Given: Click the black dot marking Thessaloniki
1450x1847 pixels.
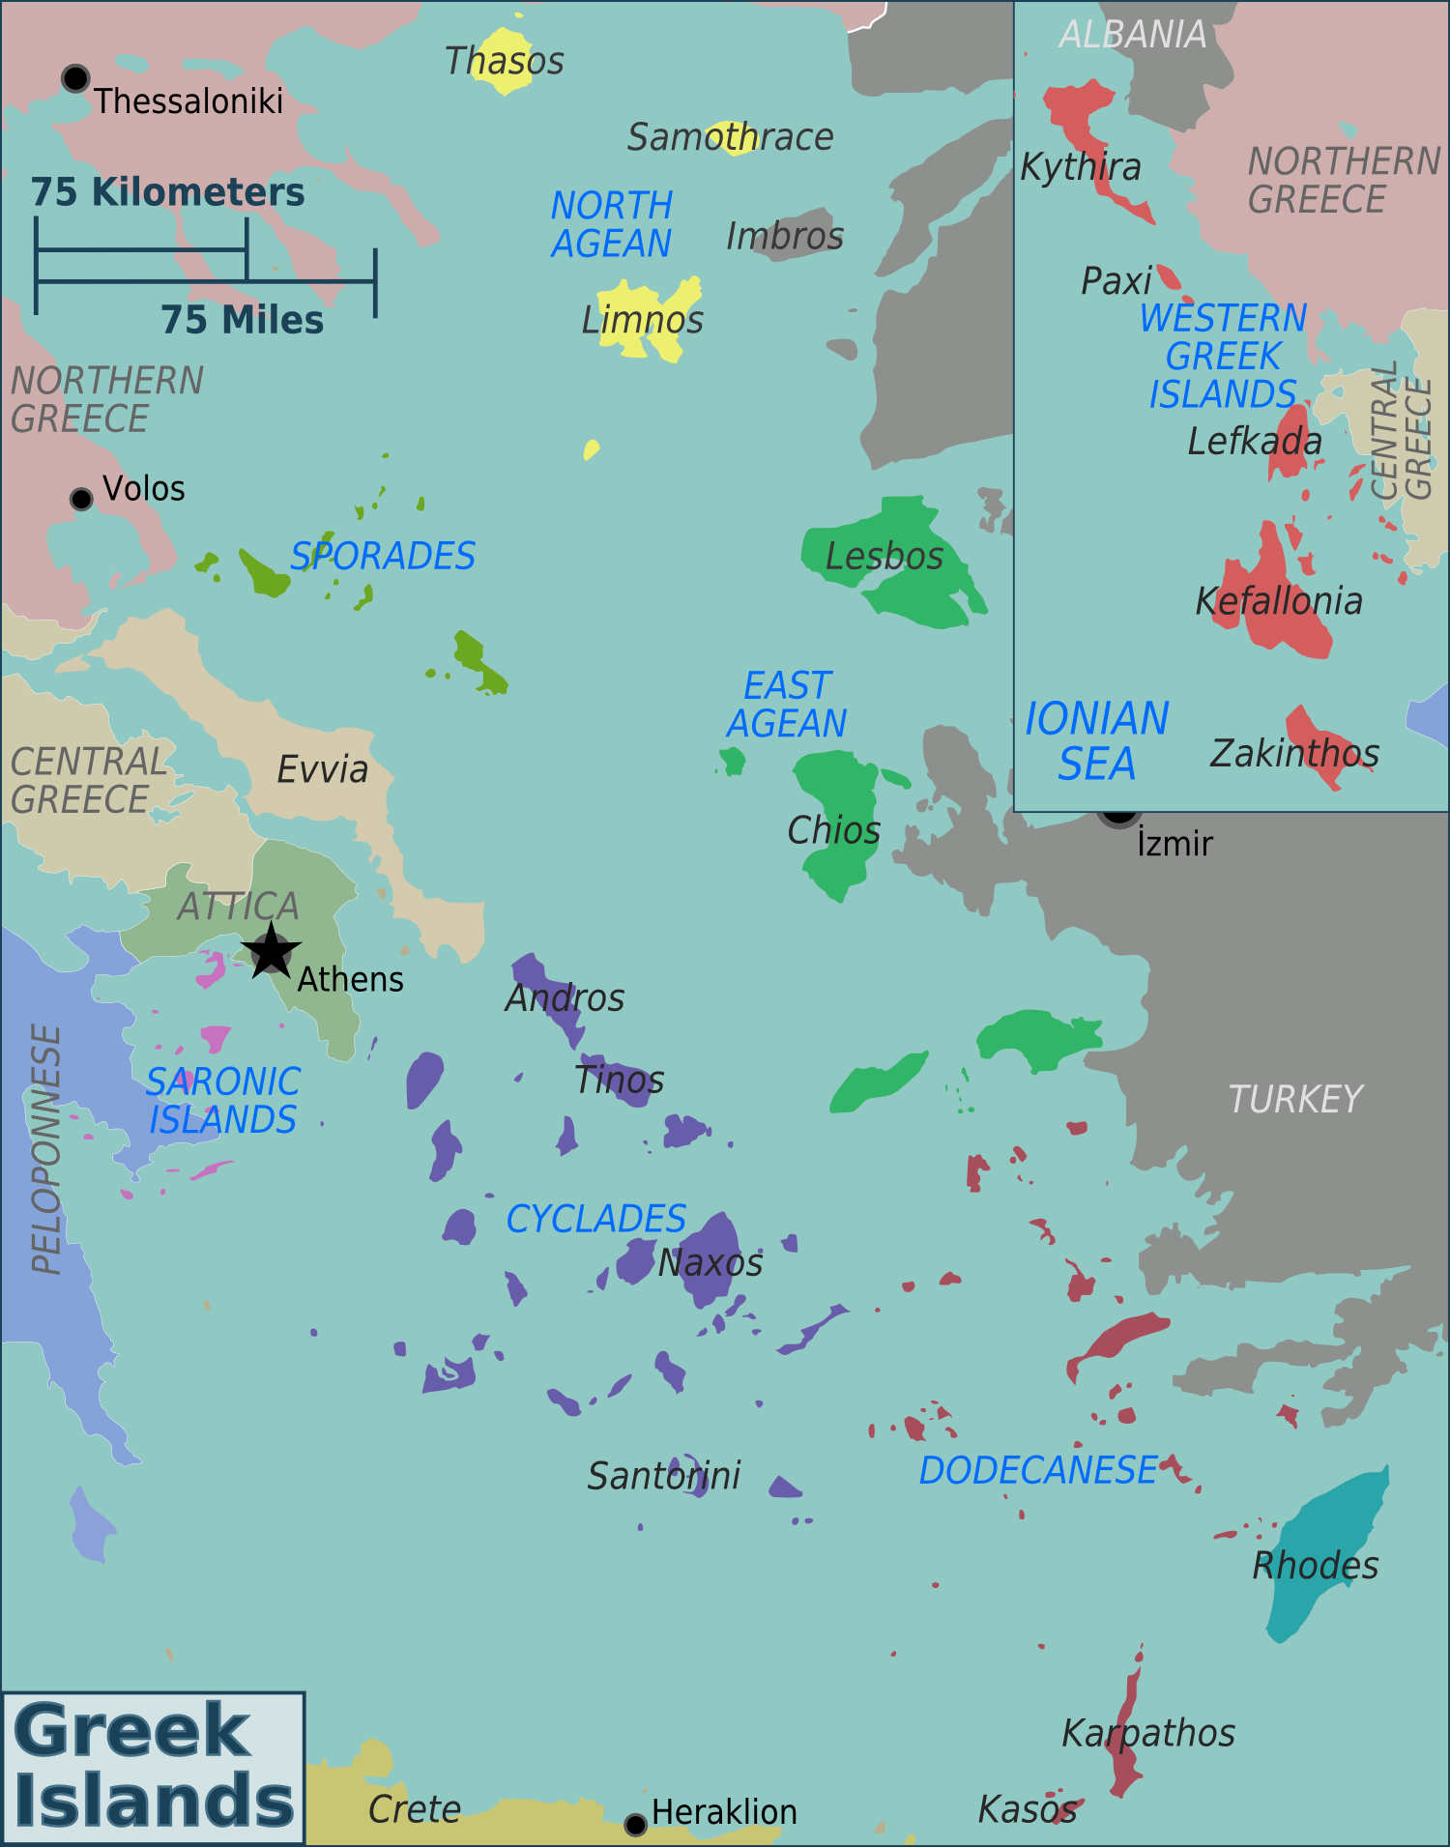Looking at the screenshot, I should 75,78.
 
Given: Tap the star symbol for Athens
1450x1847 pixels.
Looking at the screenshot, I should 271,951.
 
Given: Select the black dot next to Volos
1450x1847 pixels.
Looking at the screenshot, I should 82,499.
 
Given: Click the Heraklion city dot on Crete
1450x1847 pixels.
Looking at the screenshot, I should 635,1825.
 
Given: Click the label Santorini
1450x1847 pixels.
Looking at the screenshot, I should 663,1476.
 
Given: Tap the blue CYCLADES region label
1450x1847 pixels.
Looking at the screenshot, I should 595,1219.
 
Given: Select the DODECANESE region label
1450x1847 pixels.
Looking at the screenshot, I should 1037,1470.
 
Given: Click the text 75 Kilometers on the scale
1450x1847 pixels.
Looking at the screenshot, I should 167,192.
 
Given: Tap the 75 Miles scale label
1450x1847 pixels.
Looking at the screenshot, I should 242,320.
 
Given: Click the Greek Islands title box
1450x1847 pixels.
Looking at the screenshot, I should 153,1767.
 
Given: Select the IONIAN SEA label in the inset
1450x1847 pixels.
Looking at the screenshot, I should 1096,741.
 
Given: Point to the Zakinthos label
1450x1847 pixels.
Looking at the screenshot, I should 1293,753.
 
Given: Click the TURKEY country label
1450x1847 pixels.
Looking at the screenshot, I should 1294,1099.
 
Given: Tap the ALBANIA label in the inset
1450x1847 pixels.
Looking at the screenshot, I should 1132,35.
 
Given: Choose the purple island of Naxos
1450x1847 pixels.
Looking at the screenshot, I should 711,1256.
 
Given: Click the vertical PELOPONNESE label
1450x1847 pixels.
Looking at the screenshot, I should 46,1149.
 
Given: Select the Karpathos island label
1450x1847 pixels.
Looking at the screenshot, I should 1147,1733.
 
